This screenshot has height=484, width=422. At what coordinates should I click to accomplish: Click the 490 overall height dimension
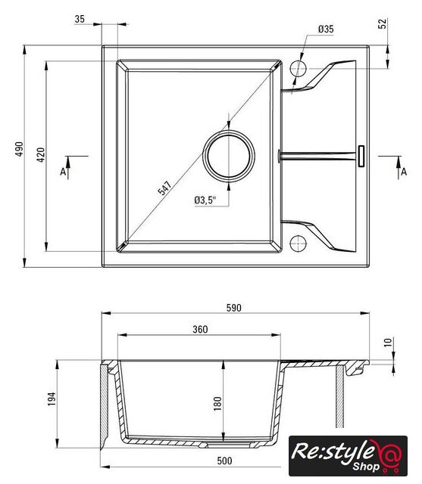(x=20, y=149)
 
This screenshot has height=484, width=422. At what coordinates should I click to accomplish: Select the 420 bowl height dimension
(x=41, y=155)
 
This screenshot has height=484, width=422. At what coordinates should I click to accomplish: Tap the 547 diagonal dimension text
(x=164, y=188)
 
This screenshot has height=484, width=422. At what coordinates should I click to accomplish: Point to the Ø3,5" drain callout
(x=205, y=200)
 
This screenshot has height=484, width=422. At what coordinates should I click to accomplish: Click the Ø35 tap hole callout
(x=326, y=29)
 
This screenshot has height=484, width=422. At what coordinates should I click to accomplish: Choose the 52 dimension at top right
(x=383, y=23)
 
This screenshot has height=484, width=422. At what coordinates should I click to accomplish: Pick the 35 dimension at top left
(x=80, y=19)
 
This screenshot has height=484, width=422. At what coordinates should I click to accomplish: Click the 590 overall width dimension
(x=233, y=308)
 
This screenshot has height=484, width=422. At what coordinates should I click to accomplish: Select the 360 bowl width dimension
(x=200, y=330)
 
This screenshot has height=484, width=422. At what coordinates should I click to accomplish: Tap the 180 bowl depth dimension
(x=217, y=404)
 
